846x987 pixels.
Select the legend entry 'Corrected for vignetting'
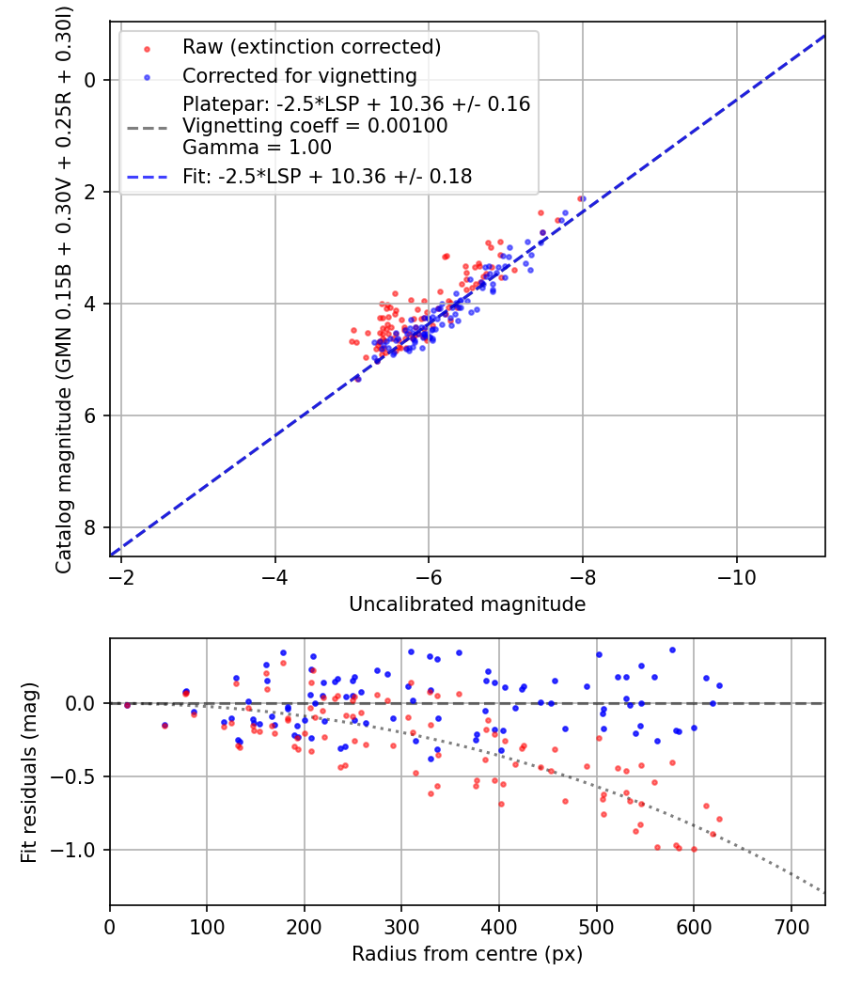tap(299, 75)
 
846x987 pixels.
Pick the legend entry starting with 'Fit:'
tap(327, 176)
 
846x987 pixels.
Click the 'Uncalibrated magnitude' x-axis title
tap(467, 604)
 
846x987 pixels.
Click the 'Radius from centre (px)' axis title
tap(467, 954)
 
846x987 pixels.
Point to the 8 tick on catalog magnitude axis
tap(91, 527)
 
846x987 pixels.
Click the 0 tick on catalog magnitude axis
tap(91, 80)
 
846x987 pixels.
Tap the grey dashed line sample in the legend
tap(147, 126)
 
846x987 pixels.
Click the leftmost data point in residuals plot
tap(127, 705)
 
